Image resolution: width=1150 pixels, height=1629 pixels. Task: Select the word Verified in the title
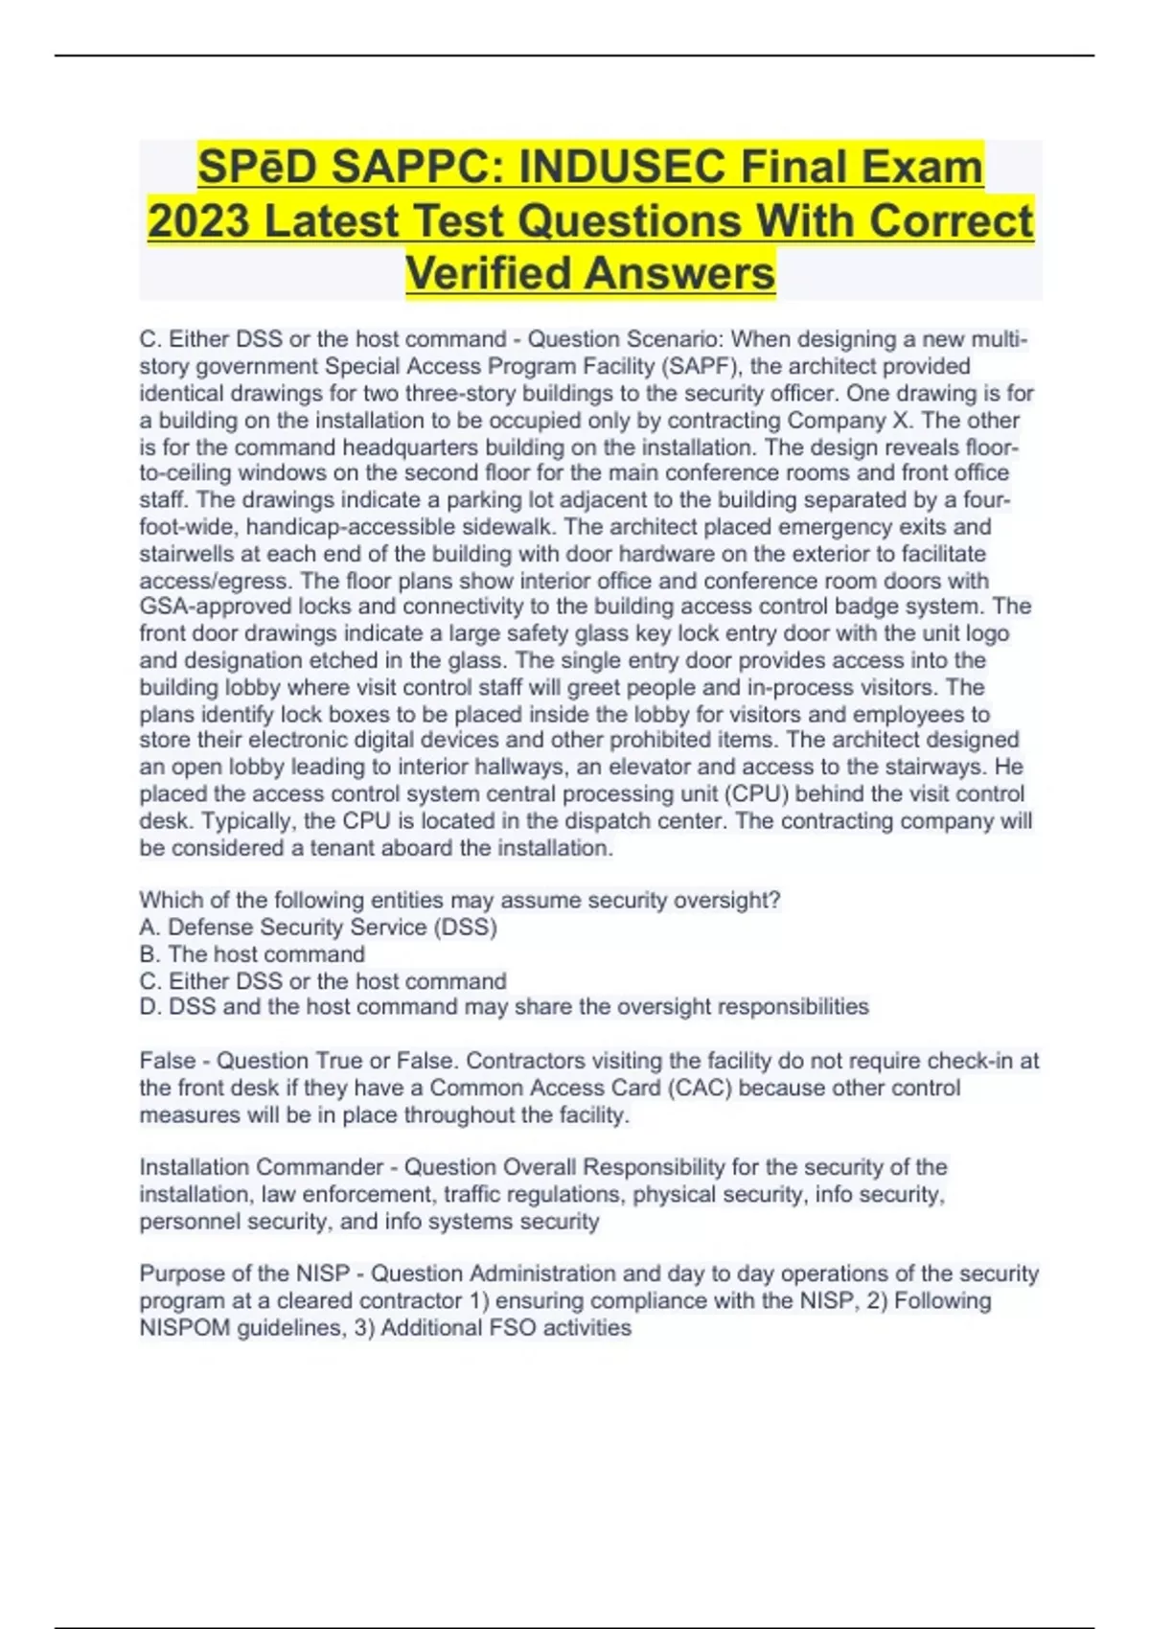point(489,273)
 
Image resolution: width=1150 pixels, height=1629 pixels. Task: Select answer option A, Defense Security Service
point(318,927)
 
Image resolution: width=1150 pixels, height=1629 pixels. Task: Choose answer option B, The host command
point(252,953)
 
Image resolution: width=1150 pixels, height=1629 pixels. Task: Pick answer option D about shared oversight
point(504,1007)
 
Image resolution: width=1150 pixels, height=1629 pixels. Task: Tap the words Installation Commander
point(261,1167)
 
